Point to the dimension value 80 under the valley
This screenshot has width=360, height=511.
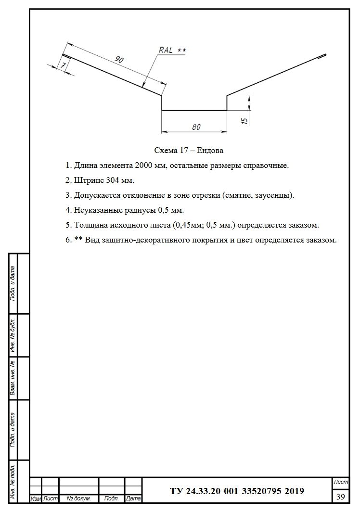196,127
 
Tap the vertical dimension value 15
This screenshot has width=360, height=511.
244,120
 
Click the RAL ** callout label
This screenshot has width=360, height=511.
172,50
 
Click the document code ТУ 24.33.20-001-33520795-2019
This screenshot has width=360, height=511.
237,491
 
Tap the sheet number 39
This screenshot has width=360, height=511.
340,496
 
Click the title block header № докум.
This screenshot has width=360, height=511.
78,499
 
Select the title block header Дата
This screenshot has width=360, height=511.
133,499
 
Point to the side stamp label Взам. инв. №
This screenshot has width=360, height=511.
13,378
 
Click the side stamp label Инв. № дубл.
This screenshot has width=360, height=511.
13,335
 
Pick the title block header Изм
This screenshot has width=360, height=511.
36,499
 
